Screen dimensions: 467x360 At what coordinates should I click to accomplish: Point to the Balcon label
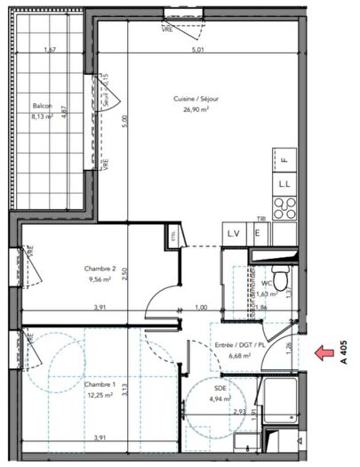click(42, 106)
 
